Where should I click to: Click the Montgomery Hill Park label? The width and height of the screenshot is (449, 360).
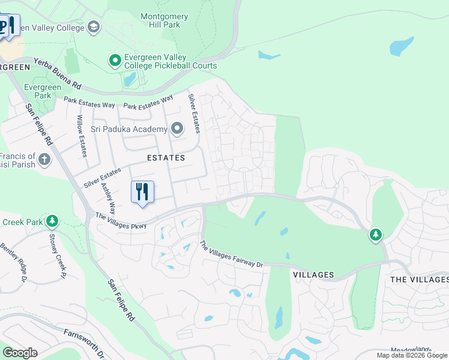(x=160, y=20)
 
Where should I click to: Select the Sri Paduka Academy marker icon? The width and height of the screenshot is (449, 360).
(x=176, y=129)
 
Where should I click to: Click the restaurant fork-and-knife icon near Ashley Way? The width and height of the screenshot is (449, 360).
(x=142, y=192)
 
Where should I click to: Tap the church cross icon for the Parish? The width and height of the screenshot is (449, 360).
(x=44, y=160)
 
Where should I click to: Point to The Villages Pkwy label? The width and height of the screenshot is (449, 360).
(x=121, y=221)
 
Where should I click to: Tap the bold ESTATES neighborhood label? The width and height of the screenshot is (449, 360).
(x=166, y=158)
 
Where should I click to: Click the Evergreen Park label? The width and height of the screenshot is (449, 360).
(x=42, y=91)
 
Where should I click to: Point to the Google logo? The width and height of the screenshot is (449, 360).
(x=20, y=353)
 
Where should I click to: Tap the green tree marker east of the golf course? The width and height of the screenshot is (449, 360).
(x=376, y=235)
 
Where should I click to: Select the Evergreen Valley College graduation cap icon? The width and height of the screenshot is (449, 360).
(x=93, y=26)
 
